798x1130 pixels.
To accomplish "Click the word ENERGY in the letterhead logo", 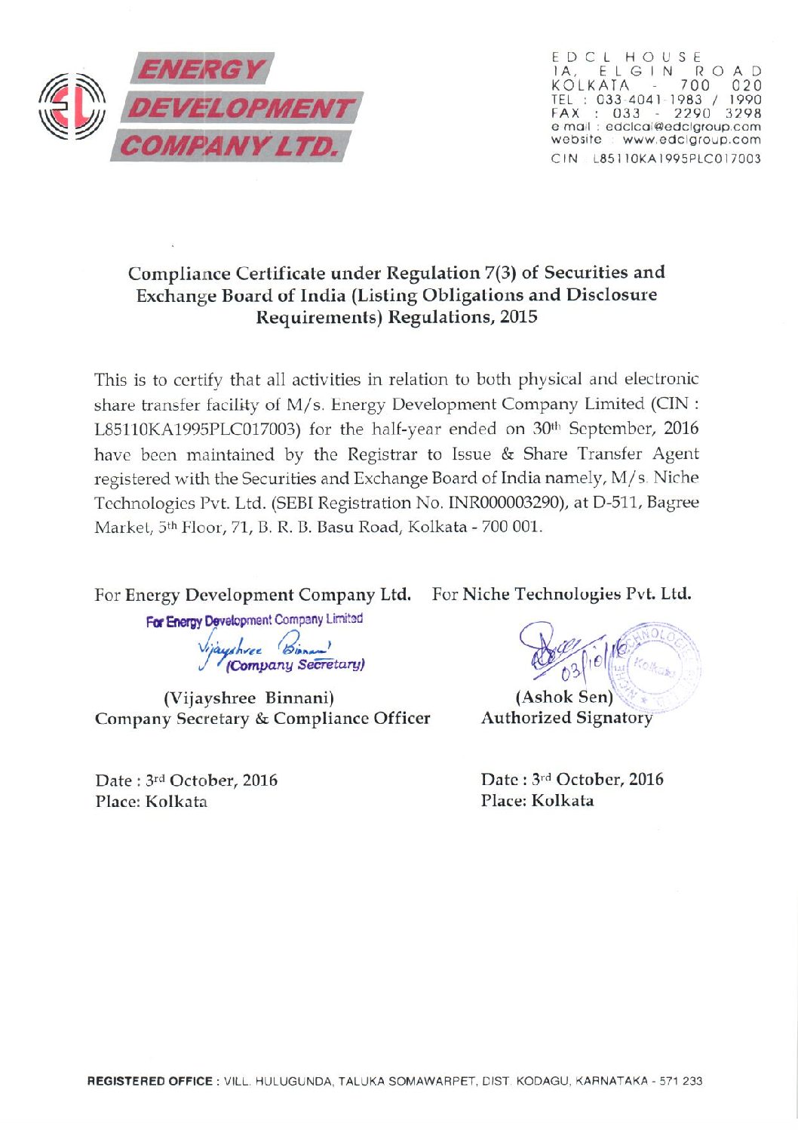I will [200, 71].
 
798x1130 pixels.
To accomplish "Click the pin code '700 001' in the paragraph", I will [516, 527].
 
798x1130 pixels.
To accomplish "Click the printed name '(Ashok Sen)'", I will [563, 697].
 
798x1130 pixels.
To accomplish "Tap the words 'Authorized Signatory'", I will [566, 718].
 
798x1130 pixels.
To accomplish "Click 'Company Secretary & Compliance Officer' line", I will [262, 719].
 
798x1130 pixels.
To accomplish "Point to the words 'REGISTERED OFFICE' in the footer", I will [150, 1082].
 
